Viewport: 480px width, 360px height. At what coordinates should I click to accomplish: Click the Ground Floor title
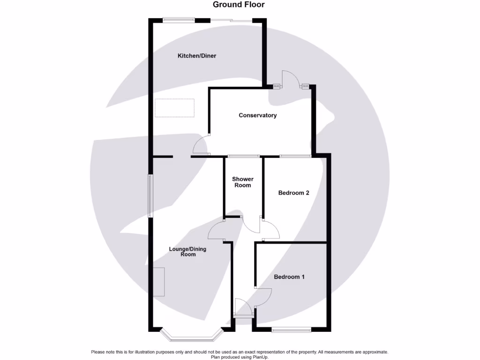pos(239,5)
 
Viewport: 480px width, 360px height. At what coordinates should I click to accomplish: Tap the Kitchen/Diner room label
pos(196,56)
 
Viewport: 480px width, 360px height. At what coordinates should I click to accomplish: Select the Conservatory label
pos(257,115)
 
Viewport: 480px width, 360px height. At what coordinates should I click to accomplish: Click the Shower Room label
pos(243,182)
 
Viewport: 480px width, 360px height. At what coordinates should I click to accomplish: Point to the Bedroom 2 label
pos(293,193)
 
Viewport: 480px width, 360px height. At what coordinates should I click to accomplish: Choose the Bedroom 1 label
pos(289,277)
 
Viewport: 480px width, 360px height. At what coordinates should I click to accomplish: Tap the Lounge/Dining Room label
pos(187,252)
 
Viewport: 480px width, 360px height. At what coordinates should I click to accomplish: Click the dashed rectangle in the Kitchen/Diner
pos(174,108)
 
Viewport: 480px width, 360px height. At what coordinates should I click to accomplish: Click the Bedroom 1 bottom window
pos(291,330)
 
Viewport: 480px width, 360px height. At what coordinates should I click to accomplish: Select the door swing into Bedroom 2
pos(271,230)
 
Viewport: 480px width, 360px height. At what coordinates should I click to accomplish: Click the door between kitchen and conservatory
pos(202,144)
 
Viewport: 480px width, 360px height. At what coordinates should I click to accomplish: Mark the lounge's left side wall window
pos(150,196)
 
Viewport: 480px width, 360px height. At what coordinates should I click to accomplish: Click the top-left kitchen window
pos(179,20)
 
